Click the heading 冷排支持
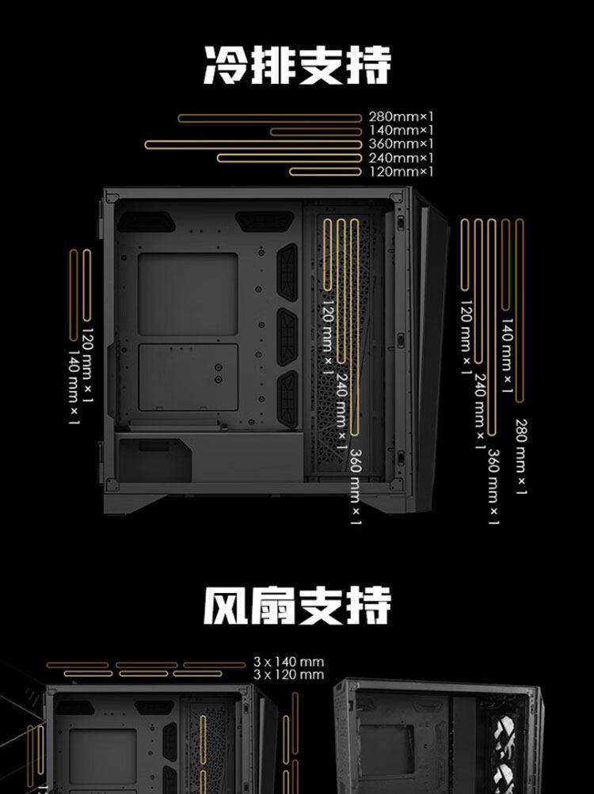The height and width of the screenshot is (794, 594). (x=297, y=64)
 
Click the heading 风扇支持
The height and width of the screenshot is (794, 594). (x=297, y=606)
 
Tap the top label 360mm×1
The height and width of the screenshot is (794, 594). (x=402, y=144)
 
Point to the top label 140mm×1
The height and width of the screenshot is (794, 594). (x=402, y=131)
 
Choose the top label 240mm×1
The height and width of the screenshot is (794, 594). (x=402, y=158)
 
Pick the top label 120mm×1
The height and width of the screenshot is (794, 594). (x=402, y=171)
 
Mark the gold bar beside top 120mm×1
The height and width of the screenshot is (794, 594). (x=326, y=171)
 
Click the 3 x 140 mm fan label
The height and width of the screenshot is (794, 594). (x=289, y=662)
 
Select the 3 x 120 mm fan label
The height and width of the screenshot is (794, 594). (x=289, y=674)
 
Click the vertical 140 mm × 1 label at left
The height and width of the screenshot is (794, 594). (x=74, y=387)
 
